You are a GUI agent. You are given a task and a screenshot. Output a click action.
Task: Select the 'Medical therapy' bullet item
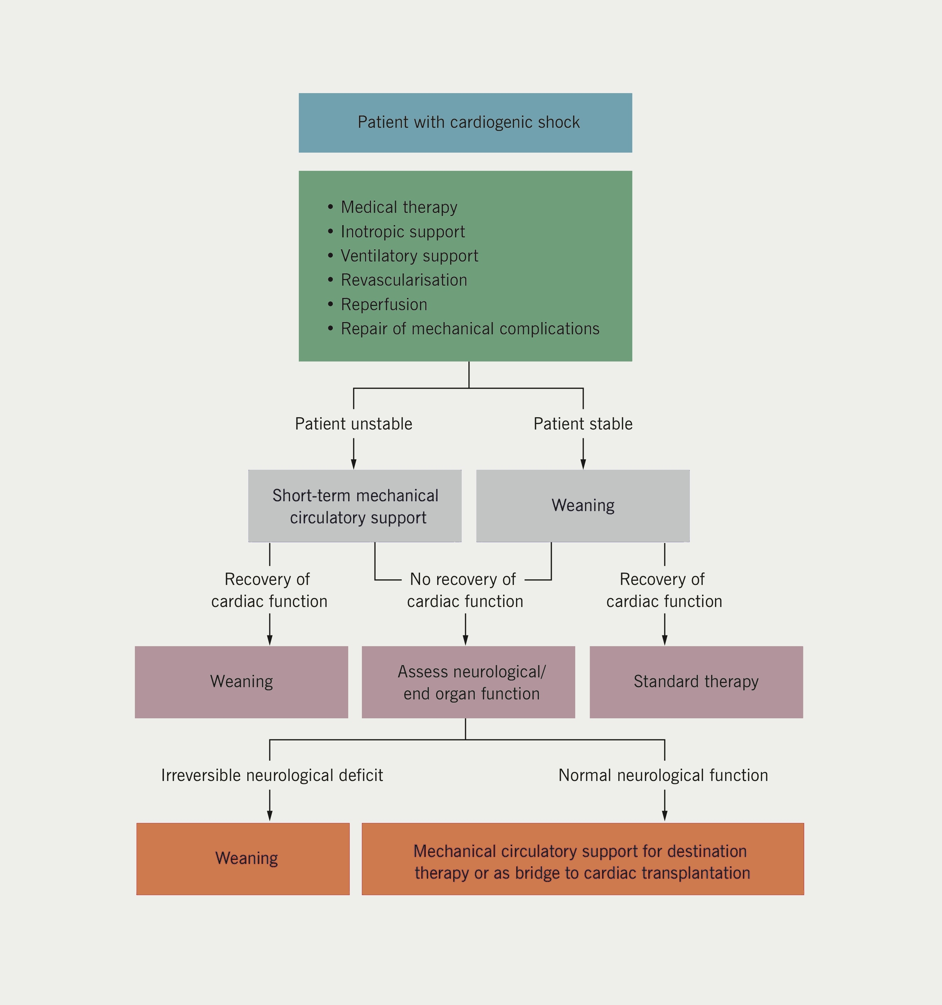pos(399,207)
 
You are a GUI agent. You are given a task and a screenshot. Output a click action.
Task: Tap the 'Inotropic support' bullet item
pos(402,231)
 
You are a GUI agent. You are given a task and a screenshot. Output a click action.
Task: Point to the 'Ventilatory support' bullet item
pos(409,256)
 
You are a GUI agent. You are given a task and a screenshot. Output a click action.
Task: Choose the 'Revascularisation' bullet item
pos(404,280)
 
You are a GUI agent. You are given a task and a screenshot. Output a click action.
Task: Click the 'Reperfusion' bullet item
pos(384,304)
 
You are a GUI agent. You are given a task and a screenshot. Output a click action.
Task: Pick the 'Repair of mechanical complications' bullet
pos(469,329)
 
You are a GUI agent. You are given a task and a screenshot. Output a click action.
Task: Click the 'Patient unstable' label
pos(353,424)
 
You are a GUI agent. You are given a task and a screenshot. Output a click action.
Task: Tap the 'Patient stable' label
pos(583,424)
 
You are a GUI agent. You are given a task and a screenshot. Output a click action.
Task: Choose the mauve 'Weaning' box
pos(241,682)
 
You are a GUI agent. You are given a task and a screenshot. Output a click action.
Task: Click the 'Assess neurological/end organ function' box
pos(468,682)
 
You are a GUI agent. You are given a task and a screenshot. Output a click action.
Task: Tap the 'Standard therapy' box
pos(696,682)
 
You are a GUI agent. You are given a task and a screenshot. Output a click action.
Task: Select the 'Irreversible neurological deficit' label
pos(272,775)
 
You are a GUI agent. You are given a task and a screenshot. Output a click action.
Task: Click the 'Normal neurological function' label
pos(663,775)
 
